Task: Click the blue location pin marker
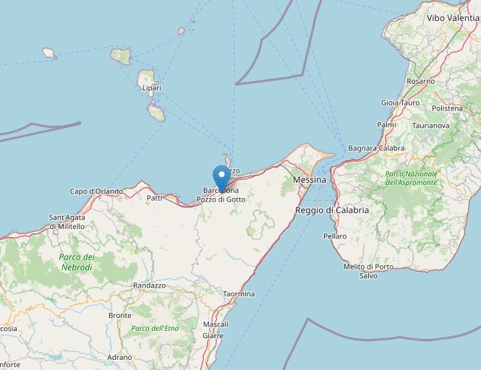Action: [x=221, y=177]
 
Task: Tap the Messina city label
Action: [x=310, y=178]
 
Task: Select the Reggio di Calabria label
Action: [x=332, y=210]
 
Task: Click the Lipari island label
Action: [x=152, y=88]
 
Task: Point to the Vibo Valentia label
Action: [x=453, y=17]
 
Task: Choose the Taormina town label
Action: [x=239, y=294]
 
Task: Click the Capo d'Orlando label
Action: [x=96, y=192]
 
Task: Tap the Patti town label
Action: [x=154, y=197]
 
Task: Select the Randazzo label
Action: [x=150, y=285]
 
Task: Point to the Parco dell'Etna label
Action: [x=154, y=329]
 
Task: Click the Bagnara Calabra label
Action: [x=376, y=148]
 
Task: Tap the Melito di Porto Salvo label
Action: [x=369, y=271]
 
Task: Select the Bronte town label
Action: [x=119, y=316]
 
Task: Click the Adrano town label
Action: [x=119, y=357]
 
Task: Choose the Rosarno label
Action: [x=420, y=82]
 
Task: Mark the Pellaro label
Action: [x=335, y=236]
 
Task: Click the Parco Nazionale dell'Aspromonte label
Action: [x=411, y=178]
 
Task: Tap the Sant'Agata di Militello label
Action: [x=67, y=222]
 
